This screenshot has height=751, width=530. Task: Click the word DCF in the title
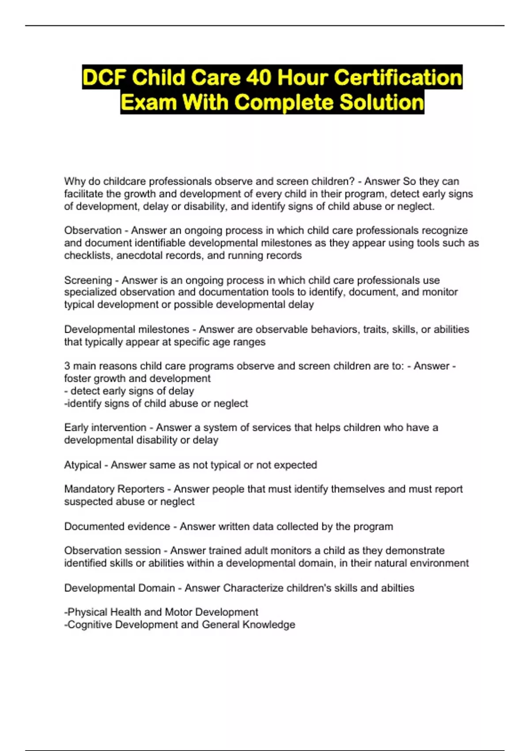(104, 78)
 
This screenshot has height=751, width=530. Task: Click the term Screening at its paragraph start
(88, 280)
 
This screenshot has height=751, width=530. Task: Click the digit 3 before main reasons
(67, 366)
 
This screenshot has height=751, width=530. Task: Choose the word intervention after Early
(118, 428)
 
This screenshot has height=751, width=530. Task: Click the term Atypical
(83, 465)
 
